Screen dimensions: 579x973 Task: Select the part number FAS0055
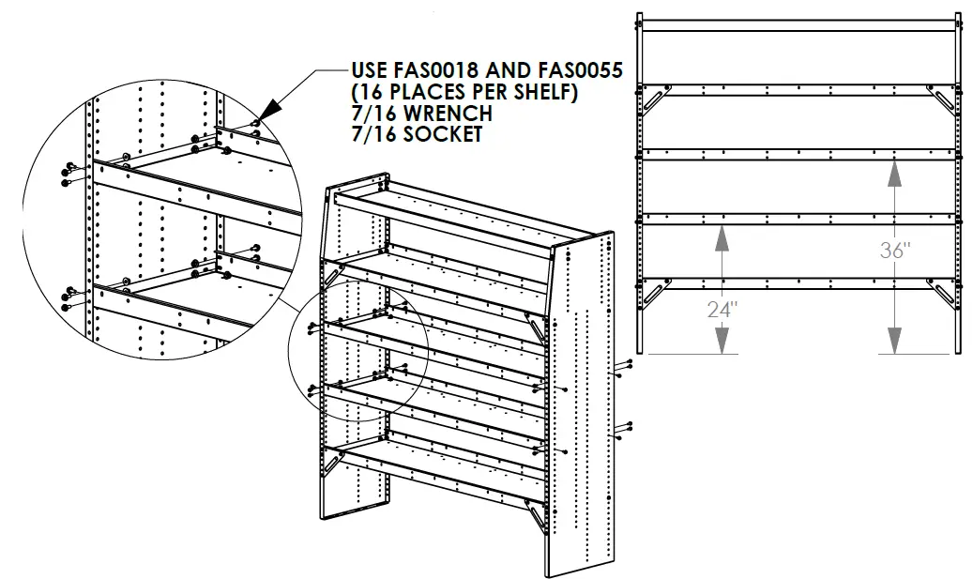tap(570, 71)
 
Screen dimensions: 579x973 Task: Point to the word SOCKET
tap(440, 134)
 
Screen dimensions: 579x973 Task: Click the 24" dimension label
tap(720, 310)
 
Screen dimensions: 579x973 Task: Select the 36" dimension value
tap(895, 251)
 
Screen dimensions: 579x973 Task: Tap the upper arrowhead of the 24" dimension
tap(721, 236)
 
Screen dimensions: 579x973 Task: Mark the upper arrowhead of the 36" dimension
tap(895, 172)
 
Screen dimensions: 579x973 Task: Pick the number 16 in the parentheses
tap(369, 92)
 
